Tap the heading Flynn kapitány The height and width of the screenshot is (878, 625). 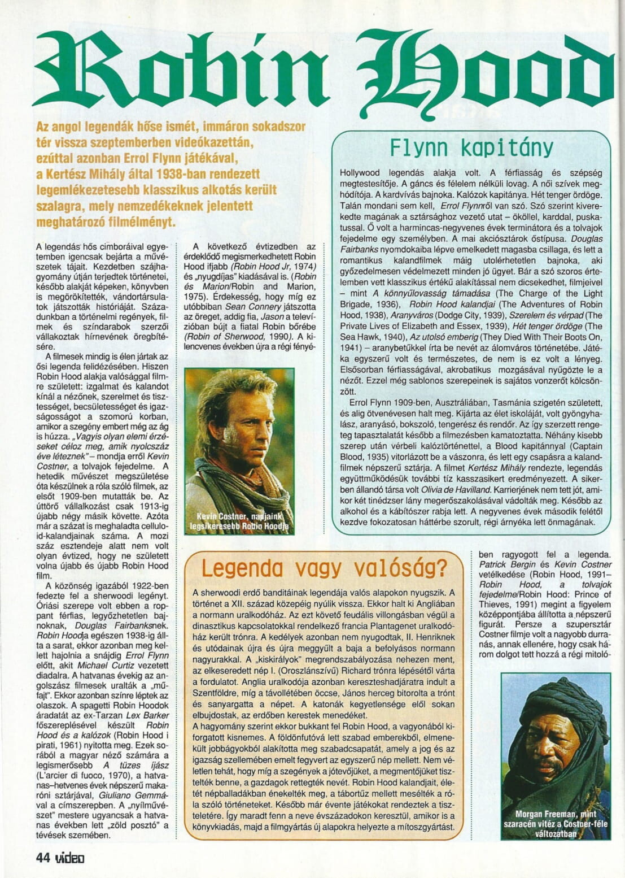[471, 147]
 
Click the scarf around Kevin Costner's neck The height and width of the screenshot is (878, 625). [237, 486]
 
